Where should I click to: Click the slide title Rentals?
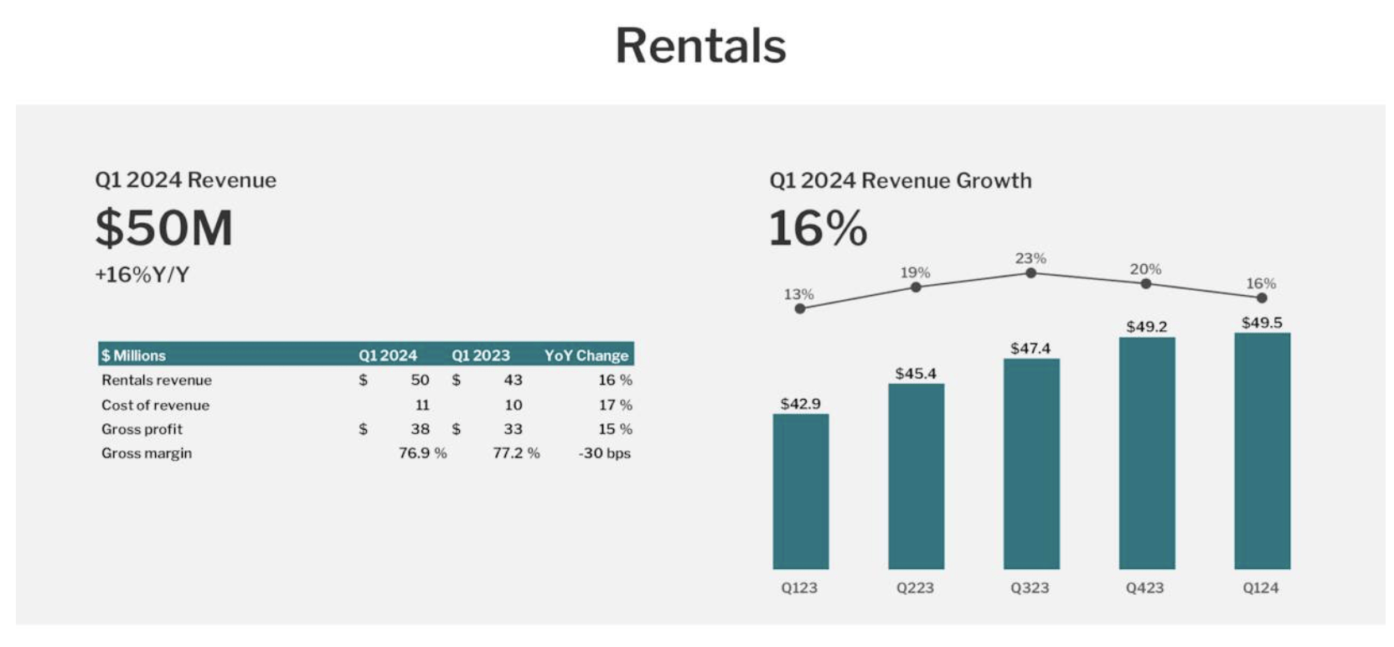pyautogui.click(x=700, y=46)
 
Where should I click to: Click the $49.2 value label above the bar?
pyautogui.click(x=1146, y=326)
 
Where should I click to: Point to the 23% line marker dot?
pyautogui.click(x=1030, y=272)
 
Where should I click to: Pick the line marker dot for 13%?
pyautogui.click(x=800, y=308)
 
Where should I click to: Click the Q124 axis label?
pyautogui.click(x=1261, y=587)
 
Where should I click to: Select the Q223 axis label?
pyautogui.click(x=915, y=587)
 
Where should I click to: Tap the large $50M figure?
pyautogui.click(x=164, y=228)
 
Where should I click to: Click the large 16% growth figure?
pyautogui.click(x=818, y=228)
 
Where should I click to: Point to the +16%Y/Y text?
pyautogui.click(x=142, y=275)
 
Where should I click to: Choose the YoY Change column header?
pyautogui.click(x=586, y=355)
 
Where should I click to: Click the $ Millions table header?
pyautogui.click(x=134, y=355)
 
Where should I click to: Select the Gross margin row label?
pyautogui.click(x=147, y=453)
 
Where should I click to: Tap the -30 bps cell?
pyautogui.click(x=604, y=453)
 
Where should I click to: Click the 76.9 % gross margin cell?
pyautogui.click(x=422, y=453)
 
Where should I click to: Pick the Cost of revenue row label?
pyautogui.click(x=155, y=405)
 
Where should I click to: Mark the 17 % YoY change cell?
pyautogui.click(x=615, y=405)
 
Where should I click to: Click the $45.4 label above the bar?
pyautogui.click(x=916, y=373)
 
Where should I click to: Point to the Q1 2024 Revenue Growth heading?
pyautogui.click(x=900, y=180)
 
